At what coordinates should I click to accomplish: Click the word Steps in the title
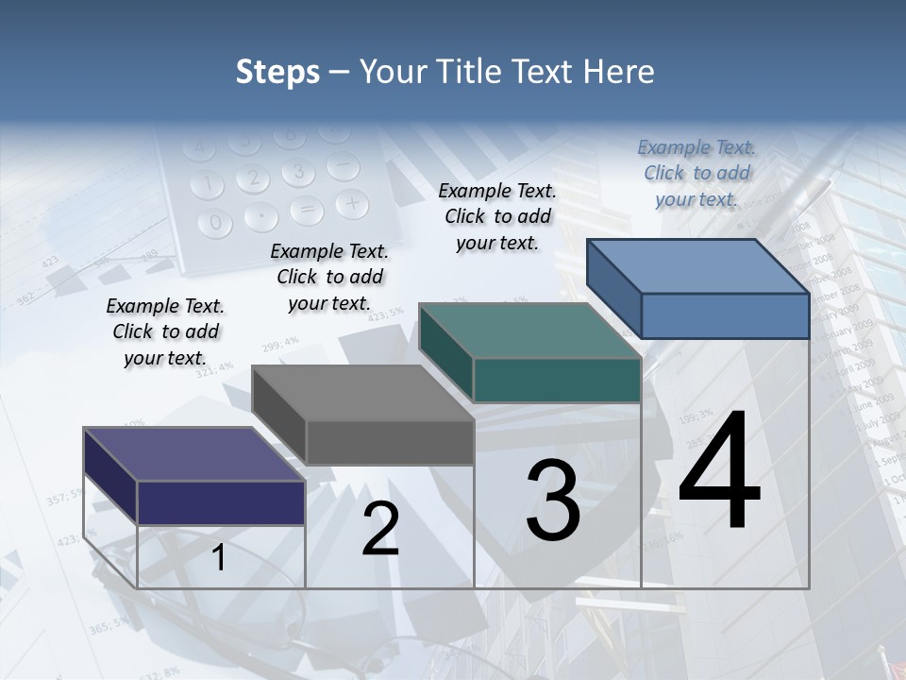point(277,72)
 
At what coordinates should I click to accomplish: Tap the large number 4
point(719,472)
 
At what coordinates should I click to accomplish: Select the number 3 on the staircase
point(553,501)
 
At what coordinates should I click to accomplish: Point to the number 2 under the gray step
point(380,530)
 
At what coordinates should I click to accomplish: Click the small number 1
point(219,558)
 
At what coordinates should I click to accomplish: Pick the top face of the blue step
point(698,266)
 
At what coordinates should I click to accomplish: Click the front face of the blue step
point(725,315)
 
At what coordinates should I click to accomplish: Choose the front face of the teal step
point(557,381)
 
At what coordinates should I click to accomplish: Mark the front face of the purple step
point(221,502)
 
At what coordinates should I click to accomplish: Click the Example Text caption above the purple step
point(165,331)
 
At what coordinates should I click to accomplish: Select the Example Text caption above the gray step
point(329,277)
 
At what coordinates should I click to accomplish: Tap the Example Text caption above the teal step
point(497,216)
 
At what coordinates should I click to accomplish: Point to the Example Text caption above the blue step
point(696,173)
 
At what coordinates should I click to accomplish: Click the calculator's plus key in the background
point(351,202)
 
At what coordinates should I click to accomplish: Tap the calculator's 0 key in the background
point(216,223)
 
